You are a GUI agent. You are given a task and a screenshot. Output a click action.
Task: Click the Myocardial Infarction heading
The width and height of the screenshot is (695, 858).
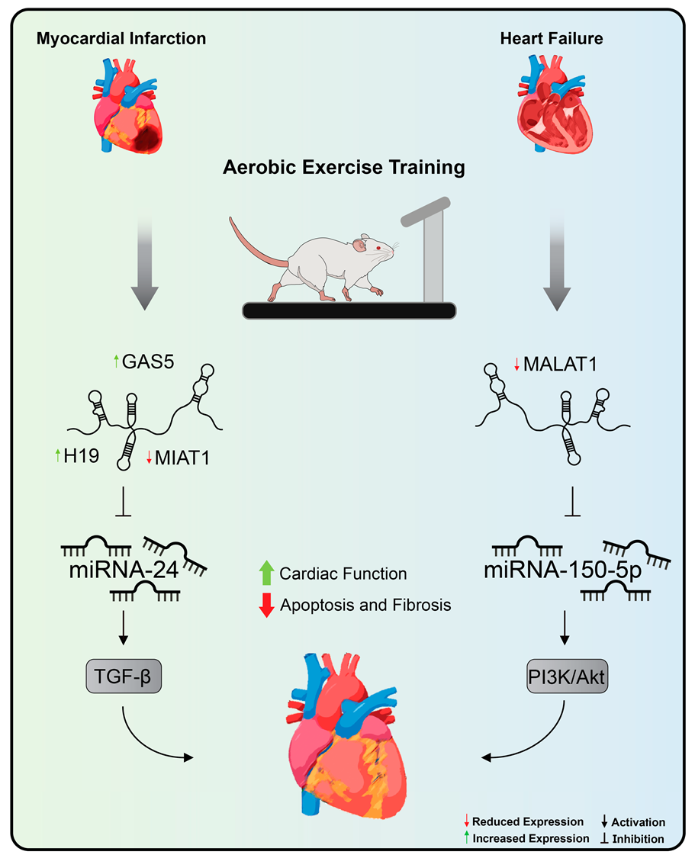pyautogui.click(x=121, y=37)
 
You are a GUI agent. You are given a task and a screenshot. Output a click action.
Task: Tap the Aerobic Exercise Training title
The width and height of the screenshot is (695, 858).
pyautogui.click(x=344, y=167)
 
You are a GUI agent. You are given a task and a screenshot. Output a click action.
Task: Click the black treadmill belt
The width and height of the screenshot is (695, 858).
pyautogui.click(x=349, y=310)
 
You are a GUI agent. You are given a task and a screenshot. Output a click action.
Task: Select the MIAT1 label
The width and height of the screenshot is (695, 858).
pyautogui.click(x=183, y=458)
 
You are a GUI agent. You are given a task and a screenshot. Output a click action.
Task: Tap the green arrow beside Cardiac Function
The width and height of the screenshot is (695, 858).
pyautogui.click(x=266, y=572)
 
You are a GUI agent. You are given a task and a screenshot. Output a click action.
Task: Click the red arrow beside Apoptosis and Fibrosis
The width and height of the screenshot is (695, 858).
pyautogui.click(x=266, y=605)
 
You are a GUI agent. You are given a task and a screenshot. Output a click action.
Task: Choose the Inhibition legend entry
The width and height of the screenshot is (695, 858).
pyautogui.click(x=638, y=839)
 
